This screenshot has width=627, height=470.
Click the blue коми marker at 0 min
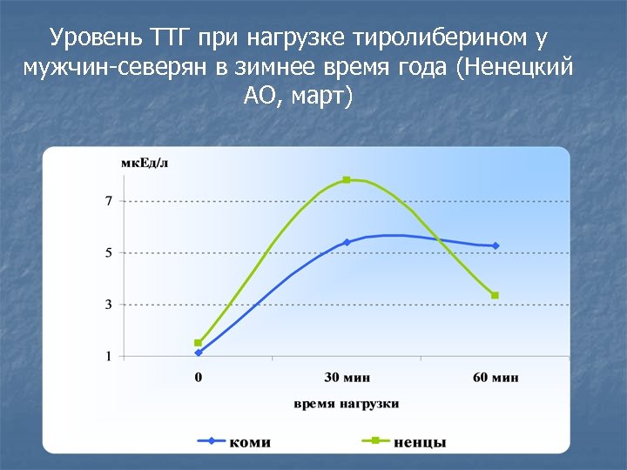(x=199, y=352)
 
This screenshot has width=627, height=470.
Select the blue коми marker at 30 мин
(x=347, y=242)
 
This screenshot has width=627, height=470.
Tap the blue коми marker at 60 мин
(x=496, y=246)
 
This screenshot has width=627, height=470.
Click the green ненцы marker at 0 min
(x=199, y=343)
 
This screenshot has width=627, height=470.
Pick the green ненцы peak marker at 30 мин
(x=347, y=180)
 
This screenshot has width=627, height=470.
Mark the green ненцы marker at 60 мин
(x=495, y=296)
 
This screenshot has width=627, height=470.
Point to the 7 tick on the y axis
(x=109, y=201)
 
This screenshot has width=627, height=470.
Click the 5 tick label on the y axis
(x=109, y=253)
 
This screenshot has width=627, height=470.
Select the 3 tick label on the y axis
(x=109, y=305)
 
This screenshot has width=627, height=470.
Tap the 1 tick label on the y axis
(x=109, y=356)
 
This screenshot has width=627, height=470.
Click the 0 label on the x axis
(x=199, y=378)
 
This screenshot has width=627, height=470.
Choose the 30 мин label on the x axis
(x=347, y=378)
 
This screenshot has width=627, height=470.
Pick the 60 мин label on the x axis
(x=495, y=378)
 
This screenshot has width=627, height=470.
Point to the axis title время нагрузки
(x=347, y=404)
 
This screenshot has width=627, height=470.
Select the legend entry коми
(x=249, y=442)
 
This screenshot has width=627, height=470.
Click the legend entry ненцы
(x=420, y=442)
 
